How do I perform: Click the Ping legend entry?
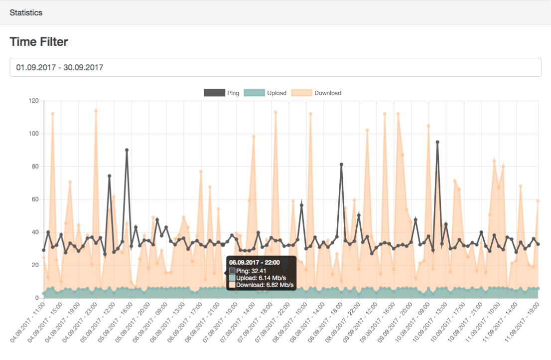[221, 93]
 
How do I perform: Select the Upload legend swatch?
[254, 93]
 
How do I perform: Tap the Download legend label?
[328, 93]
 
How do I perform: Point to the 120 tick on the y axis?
[34, 101]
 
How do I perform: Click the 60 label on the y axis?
[35, 199]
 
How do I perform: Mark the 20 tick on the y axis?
[35, 265]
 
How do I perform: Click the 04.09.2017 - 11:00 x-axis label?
[27, 322]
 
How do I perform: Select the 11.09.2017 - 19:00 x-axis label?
[522, 322]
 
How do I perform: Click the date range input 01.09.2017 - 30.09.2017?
[275, 67]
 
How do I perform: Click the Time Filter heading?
[39, 42]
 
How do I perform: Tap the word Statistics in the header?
[26, 12]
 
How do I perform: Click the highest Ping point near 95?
[437, 142]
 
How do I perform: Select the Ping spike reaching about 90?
[127, 150]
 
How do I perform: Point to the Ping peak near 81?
[341, 165]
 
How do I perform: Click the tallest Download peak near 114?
[96, 111]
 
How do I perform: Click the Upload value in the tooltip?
[261, 278]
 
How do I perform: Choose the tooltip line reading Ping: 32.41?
[251, 271]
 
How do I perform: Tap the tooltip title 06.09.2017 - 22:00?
[255, 263]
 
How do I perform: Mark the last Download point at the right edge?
[538, 201]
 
